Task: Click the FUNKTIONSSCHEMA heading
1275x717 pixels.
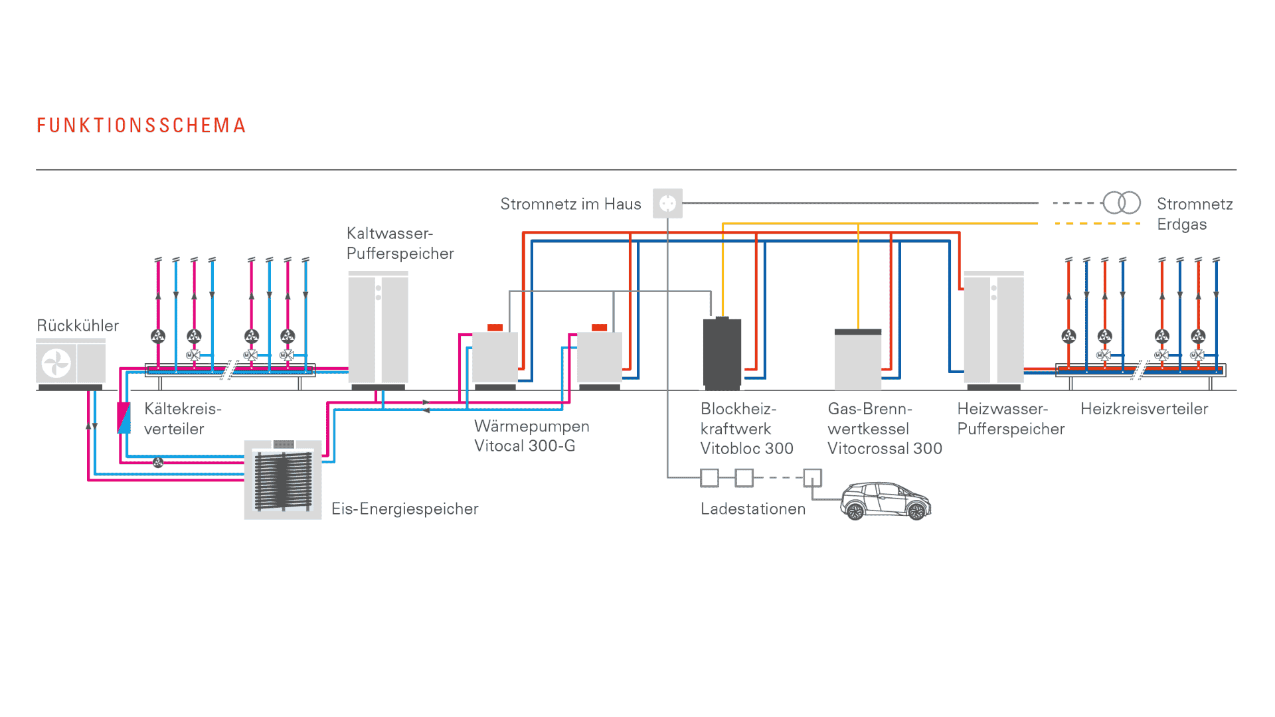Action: [x=141, y=125]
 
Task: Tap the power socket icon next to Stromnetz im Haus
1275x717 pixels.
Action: [x=667, y=204]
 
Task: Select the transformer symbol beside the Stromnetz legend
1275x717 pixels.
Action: [x=1122, y=202]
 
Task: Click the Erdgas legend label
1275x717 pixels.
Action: [x=1181, y=224]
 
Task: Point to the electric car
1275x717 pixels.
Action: [x=885, y=501]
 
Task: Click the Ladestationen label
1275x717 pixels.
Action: [x=752, y=509]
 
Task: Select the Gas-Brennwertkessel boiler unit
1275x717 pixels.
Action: [x=857, y=359]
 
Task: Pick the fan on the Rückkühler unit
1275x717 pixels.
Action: [x=56, y=363]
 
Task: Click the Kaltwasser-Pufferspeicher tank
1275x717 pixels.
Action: [x=378, y=329]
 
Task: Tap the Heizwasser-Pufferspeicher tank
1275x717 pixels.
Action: [x=993, y=329]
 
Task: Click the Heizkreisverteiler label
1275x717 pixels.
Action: [x=1144, y=409]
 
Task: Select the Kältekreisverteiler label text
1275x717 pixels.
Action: [x=183, y=419]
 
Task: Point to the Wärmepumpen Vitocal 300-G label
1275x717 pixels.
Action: [x=531, y=436]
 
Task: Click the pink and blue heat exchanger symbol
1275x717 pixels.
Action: [x=124, y=418]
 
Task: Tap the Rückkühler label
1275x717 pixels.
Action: [x=78, y=326]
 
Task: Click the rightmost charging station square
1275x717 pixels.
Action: [x=812, y=477]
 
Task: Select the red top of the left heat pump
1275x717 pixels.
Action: [x=495, y=327]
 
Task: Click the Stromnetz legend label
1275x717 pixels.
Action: [x=1194, y=204]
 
